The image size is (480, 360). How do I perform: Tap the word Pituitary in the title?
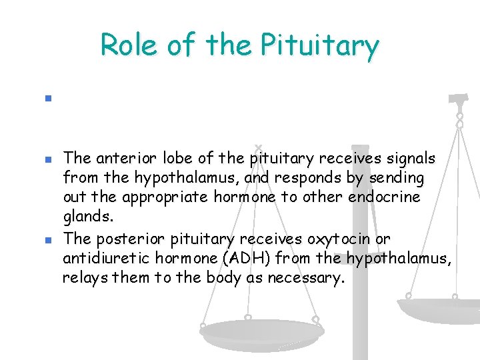tap(320, 46)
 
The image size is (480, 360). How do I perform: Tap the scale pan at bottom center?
tap(261, 331)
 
